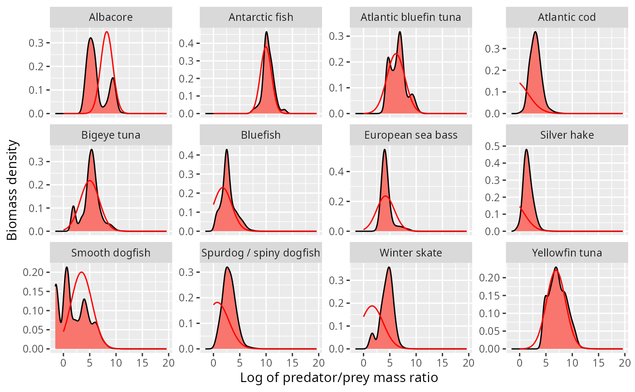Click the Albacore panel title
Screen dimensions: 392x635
[x=111, y=18]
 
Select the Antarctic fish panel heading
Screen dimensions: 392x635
[x=261, y=18]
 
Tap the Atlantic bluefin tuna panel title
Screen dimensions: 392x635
[x=411, y=18]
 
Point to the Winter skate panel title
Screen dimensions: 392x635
[x=411, y=253]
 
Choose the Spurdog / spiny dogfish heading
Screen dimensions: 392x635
[x=261, y=253]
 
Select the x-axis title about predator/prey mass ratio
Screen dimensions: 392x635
[x=339, y=377]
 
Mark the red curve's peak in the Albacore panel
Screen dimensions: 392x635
[x=107, y=32]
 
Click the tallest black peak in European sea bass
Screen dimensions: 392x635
[x=385, y=150]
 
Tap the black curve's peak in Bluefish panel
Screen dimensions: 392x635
[x=226, y=150]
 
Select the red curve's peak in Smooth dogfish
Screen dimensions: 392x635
[x=82, y=272]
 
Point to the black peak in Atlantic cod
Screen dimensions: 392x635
[x=536, y=32]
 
